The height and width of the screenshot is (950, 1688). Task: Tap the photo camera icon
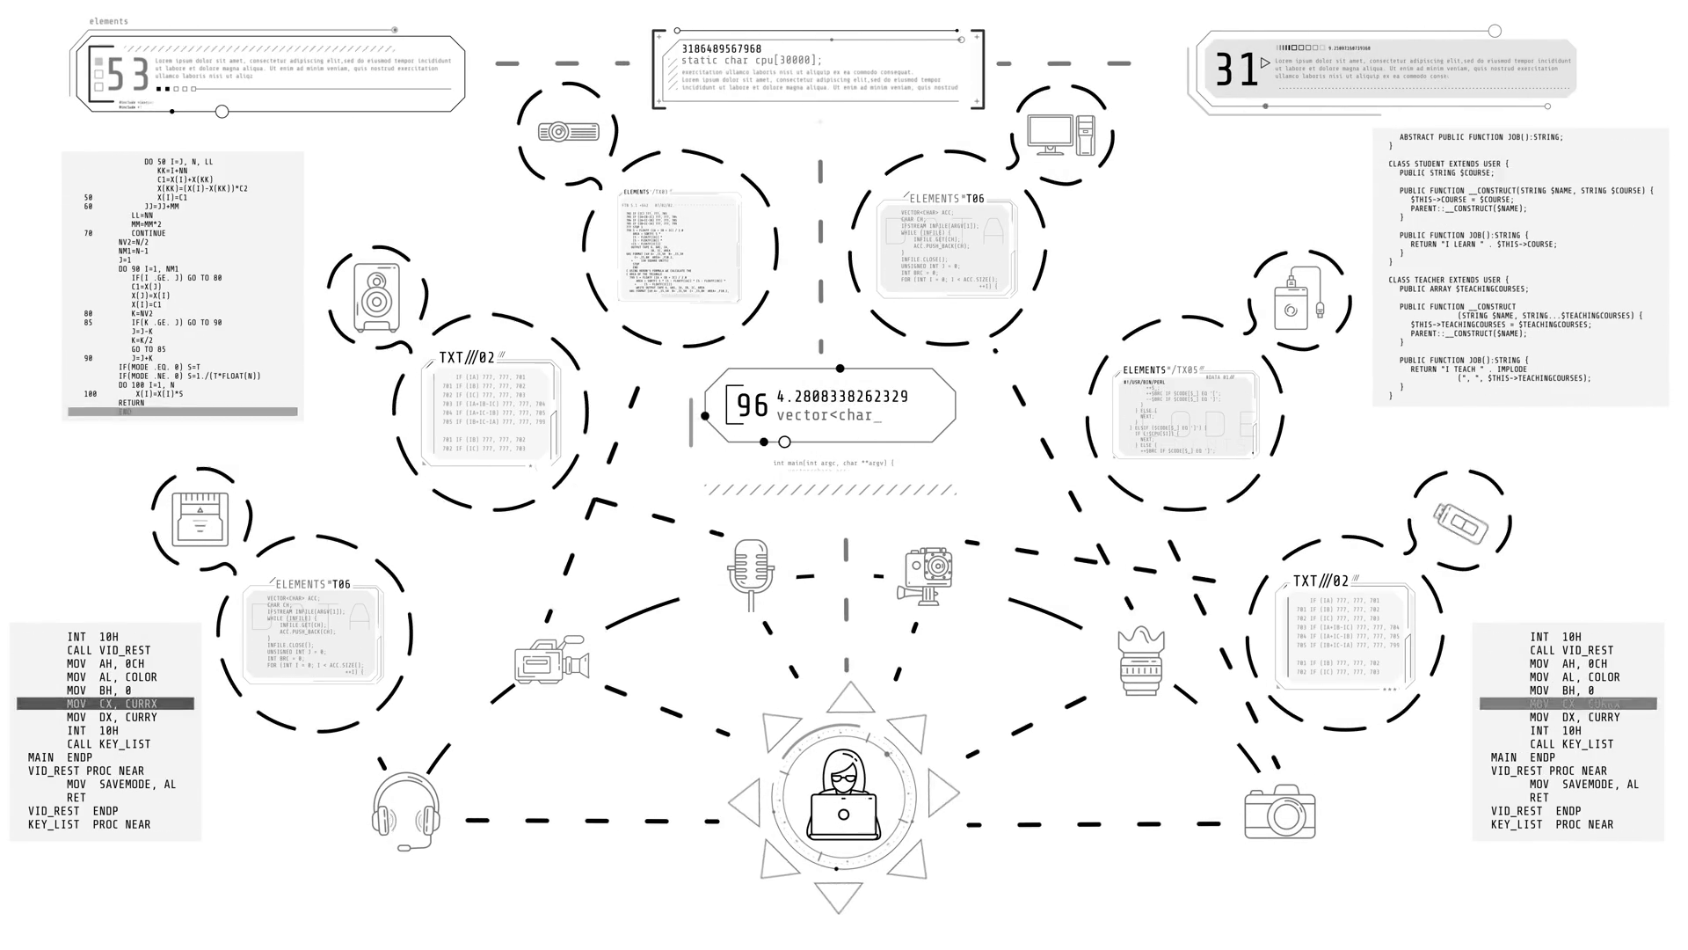1279,812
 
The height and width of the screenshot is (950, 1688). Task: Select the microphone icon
750,573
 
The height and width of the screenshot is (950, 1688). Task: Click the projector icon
569,132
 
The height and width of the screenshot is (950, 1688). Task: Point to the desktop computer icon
1060,135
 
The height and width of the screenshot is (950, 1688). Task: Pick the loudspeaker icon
376,297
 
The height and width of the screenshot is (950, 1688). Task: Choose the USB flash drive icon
1460,522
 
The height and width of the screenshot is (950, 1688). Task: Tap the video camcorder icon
551,659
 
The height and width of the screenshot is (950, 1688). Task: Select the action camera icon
927,576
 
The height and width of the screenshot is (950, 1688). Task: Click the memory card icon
200,519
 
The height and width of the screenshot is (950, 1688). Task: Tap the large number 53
128,75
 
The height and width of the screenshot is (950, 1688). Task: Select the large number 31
1236,69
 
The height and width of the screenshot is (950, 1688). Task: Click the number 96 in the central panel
752,406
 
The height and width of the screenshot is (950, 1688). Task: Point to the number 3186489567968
721,49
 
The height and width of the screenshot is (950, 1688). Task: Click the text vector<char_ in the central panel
828,415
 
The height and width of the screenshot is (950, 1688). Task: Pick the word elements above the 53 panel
109,21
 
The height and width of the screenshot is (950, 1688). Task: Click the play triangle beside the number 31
1265,62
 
